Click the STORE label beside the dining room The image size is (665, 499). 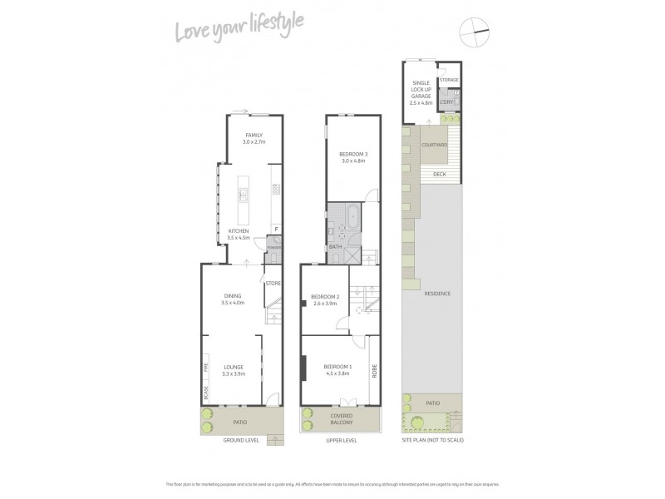[x=273, y=284]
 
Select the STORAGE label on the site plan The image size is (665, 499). [x=449, y=80]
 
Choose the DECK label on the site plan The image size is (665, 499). [x=438, y=174]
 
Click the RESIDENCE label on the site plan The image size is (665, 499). [x=437, y=294]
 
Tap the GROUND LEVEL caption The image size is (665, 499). [x=240, y=440]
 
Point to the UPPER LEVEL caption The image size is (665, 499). [x=341, y=440]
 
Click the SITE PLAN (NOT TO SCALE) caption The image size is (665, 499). [x=432, y=440]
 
